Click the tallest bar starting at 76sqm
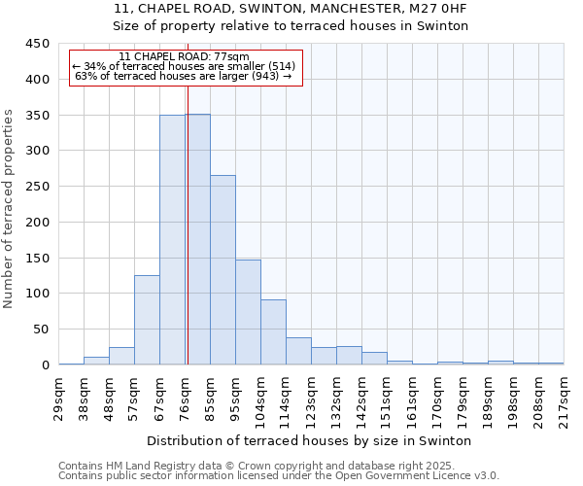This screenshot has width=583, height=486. click(197, 239)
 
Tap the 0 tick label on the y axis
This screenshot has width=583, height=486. click(45, 365)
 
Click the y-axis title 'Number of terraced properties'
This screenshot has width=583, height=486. click(9, 209)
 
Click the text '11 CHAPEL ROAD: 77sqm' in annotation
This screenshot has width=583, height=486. click(184, 57)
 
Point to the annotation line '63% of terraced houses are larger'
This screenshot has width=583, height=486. click(184, 76)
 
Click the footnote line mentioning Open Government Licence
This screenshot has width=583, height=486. click(279, 476)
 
